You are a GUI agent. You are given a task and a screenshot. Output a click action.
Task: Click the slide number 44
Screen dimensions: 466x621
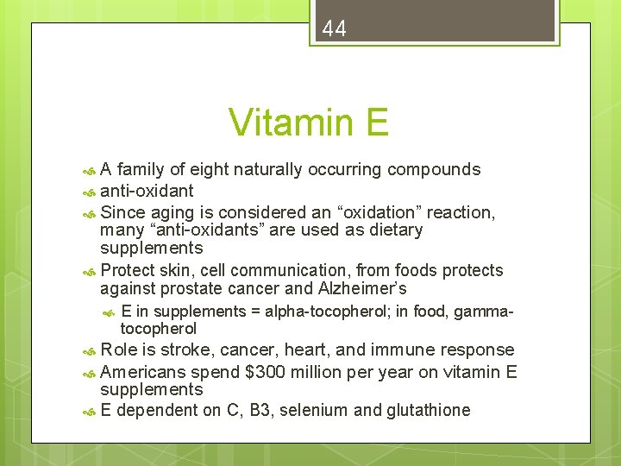[335, 29]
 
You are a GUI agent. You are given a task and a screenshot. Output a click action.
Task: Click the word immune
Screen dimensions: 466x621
[405, 350]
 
